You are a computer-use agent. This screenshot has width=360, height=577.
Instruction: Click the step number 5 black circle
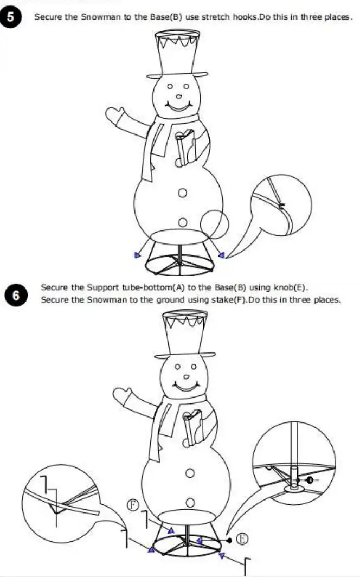[x=11, y=17]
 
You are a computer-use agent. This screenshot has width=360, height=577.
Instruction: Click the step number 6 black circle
[x=16, y=296]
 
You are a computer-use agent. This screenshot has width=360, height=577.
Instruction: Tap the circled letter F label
[x=133, y=505]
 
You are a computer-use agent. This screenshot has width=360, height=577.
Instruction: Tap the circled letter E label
[x=242, y=539]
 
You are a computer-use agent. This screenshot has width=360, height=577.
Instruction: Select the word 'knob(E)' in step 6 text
[x=292, y=287]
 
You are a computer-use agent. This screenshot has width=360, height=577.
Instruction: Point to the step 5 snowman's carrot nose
[x=179, y=97]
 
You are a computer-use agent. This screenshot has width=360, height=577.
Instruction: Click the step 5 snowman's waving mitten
[x=115, y=115]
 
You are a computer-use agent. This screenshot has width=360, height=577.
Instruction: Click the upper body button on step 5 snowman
[x=182, y=193]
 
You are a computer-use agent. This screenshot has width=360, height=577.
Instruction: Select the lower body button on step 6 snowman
[x=190, y=503]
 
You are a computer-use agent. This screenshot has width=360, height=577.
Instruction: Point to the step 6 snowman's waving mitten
[x=123, y=395]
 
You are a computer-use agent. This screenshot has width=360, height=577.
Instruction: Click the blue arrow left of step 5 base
[x=137, y=255]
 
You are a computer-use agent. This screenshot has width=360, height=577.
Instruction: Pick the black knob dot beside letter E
[x=229, y=540]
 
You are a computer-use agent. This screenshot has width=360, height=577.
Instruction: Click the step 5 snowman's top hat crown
[x=177, y=53]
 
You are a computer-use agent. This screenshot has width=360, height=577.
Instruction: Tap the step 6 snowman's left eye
[x=178, y=367]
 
